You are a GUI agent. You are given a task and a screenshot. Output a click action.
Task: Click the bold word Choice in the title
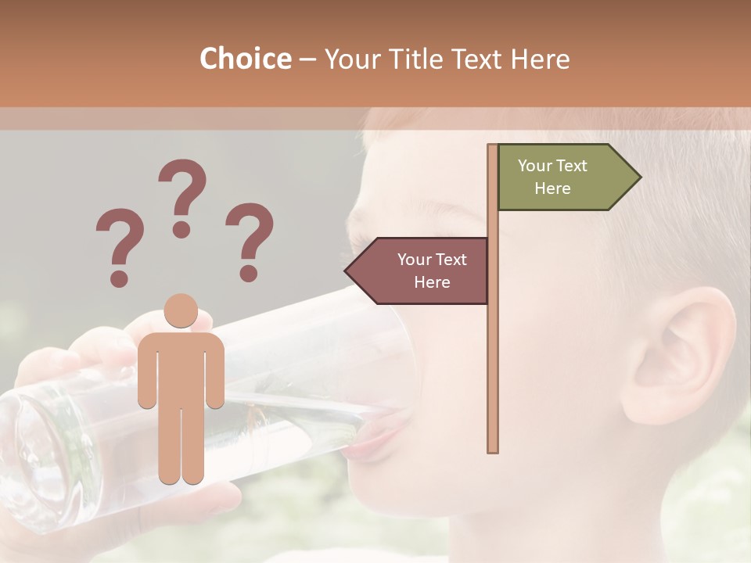tap(245, 59)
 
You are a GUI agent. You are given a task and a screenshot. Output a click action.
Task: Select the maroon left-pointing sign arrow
tap(418, 271)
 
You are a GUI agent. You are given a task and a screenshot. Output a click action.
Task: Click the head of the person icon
tap(181, 311)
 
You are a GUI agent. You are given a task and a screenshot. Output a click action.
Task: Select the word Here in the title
tap(540, 59)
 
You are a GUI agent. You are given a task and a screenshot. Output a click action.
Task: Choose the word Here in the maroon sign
tap(432, 282)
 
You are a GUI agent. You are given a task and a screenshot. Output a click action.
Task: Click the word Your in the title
tap(350, 59)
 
